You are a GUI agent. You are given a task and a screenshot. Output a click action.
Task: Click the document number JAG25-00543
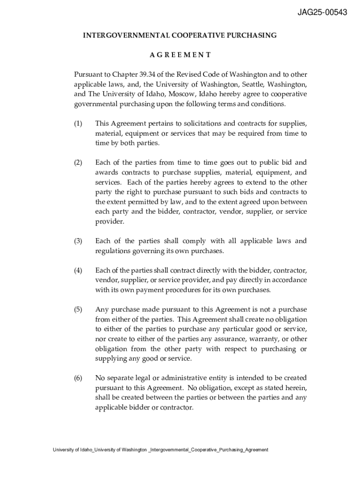(x=323, y=13)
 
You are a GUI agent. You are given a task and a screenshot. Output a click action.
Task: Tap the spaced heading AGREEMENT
(x=180, y=55)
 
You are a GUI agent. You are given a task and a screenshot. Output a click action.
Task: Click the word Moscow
(x=182, y=94)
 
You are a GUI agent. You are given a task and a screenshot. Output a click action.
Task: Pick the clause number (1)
(x=78, y=123)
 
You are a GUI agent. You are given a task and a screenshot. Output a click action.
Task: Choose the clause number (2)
(x=78, y=163)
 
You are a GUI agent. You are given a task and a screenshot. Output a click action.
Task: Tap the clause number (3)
(x=78, y=241)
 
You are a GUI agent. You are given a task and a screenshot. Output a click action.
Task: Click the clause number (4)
(x=78, y=270)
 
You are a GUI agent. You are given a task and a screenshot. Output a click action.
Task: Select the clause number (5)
(x=78, y=309)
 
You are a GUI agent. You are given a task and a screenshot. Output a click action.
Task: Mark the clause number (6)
(x=78, y=377)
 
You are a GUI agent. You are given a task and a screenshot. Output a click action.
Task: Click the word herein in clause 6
(x=293, y=388)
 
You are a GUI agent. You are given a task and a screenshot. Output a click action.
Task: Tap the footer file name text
(x=160, y=450)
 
